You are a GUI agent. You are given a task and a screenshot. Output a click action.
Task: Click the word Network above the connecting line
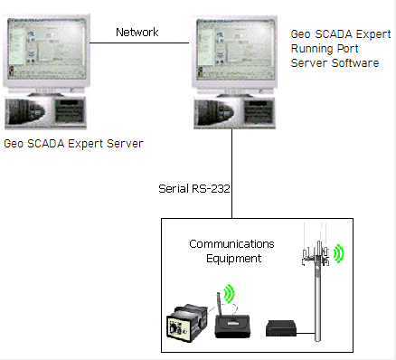point(137,33)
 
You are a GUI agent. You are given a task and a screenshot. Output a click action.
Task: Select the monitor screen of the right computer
point(231,53)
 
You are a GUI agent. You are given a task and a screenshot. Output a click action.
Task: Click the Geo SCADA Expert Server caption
point(74,144)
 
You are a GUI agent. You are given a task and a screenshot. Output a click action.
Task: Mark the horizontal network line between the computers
point(137,43)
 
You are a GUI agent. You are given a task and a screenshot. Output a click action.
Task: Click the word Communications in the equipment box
point(232,244)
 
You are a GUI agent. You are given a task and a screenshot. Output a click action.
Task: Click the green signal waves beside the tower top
point(340,251)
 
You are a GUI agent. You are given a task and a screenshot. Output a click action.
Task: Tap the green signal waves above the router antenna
point(229,294)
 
